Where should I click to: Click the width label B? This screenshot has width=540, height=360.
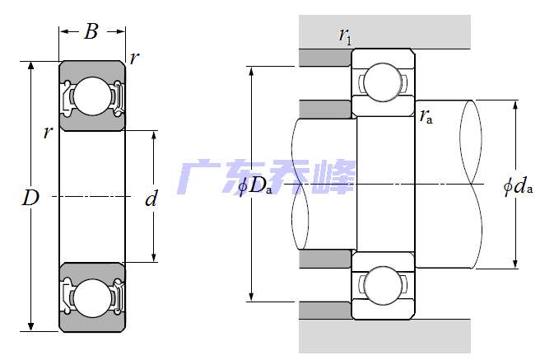click(x=91, y=32)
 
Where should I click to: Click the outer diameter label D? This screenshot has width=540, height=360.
click(x=30, y=199)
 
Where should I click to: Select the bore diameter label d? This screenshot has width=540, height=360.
click(x=151, y=199)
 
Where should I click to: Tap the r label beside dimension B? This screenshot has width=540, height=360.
click(x=134, y=58)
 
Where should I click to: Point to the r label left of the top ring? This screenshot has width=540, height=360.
click(x=48, y=132)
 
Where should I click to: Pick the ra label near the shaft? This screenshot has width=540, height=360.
click(x=426, y=116)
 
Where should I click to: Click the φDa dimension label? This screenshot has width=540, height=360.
click(x=255, y=186)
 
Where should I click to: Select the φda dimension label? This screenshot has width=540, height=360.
click(x=518, y=186)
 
